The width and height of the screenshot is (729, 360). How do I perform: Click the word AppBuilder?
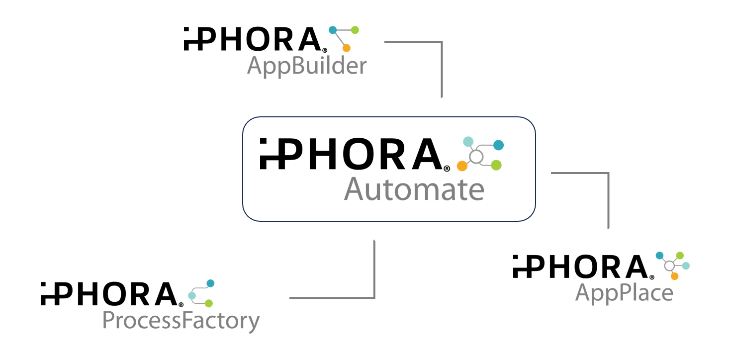pos(307,66)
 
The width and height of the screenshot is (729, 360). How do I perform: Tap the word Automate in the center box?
pos(414,190)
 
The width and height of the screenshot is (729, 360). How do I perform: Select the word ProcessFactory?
pos(181,321)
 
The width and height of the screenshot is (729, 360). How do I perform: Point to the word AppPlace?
pos(624,293)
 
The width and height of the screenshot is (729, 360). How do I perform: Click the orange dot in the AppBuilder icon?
pos(347,48)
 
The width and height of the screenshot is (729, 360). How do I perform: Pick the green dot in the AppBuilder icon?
pos(355,30)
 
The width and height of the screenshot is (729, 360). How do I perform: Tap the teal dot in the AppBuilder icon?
pos(333,30)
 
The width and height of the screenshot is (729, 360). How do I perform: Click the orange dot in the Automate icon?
pos(462,166)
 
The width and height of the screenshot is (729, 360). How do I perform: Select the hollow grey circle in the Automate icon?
pos(476,157)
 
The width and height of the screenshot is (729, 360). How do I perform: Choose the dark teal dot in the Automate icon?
pos(498,145)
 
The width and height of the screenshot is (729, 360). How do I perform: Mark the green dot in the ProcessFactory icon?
pos(209,303)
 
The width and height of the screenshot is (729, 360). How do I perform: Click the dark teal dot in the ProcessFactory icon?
pos(210,283)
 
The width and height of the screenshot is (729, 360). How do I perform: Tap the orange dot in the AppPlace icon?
pos(674,276)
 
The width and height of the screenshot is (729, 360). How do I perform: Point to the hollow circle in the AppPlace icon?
pos(669,265)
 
